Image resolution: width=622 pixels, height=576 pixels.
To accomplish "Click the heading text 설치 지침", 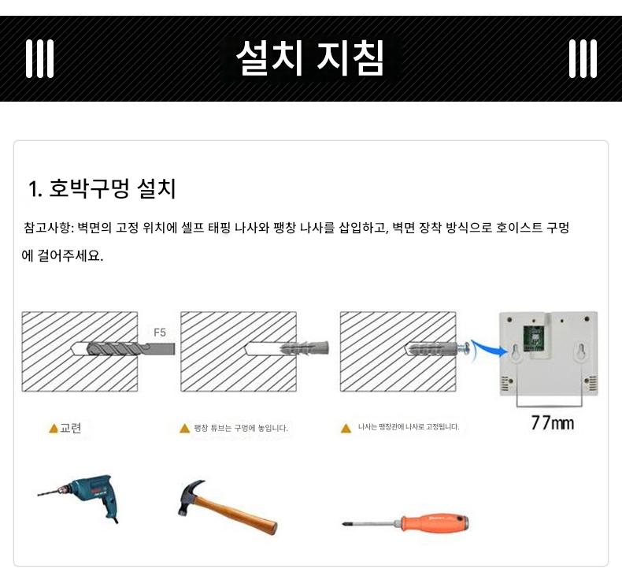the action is pyautogui.click(x=309, y=58).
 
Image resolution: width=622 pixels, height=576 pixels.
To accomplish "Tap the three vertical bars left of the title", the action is pyautogui.click(x=39, y=58).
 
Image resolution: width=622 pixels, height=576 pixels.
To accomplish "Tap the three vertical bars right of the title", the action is pyautogui.click(x=583, y=58).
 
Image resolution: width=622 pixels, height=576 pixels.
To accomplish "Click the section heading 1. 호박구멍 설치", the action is pyautogui.click(x=102, y=188).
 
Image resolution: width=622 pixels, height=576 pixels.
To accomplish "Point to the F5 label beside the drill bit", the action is pyautogui.click(x=160, y=333).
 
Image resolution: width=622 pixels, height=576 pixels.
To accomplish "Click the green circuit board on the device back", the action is pyautogui.click(x=534, y=339).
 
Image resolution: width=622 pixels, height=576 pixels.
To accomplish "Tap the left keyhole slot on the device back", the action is pyautogui.click(x=516, y=351).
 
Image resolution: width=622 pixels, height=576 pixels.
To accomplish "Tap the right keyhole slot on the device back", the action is pyautogui.click(x=581, y=351).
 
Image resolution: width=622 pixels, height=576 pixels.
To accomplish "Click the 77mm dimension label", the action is pyautogui.click(x=553, y=423).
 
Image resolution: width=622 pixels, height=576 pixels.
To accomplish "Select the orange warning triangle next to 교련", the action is pyautogui.click(x=54, y=429).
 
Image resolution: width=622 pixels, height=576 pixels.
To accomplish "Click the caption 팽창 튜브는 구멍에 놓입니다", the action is pyautogui.click(x=241, y=428).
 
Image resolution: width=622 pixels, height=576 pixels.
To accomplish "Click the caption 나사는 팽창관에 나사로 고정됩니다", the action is pyautogui.click(x=409, y=427).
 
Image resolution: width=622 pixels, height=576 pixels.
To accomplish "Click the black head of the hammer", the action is pyautogui.click(x=188, y=496).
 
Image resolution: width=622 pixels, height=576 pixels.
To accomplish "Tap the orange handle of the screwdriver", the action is pyautogui.click(x=435, y=522).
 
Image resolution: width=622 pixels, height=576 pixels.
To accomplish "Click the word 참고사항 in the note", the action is pyautogui.click(x=46, y=228).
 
